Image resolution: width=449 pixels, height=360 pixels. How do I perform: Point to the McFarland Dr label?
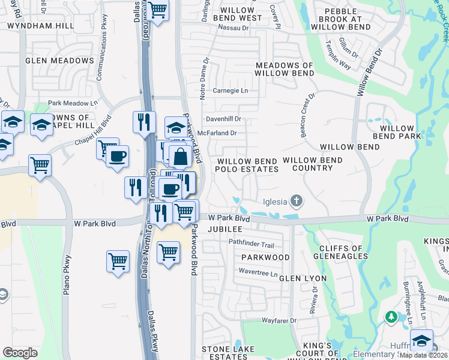[221, 133]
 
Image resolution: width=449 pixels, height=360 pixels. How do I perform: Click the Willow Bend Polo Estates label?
[247, 165]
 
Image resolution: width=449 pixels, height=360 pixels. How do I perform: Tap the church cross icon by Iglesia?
[296, 200]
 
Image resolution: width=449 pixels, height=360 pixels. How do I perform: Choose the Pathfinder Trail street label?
[251, 245]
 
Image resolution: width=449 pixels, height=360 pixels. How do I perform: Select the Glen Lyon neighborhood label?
[303, 278]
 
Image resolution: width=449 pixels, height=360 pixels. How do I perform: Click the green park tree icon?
[391, 316]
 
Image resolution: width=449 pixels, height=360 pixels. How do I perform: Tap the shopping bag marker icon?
[180, 157]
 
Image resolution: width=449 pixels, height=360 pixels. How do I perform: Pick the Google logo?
[20, 352]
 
